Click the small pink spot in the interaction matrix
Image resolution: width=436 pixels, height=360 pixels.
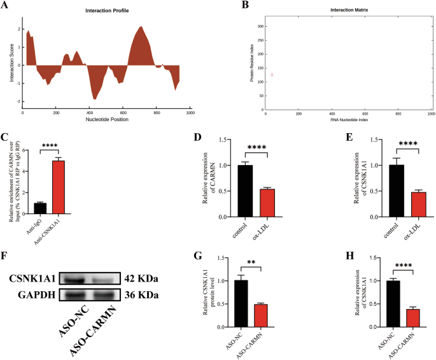(x=272, y=75)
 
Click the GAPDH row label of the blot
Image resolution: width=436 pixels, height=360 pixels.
(x=36, y=296)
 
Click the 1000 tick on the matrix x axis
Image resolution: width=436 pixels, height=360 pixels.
(x=430, y=112)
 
